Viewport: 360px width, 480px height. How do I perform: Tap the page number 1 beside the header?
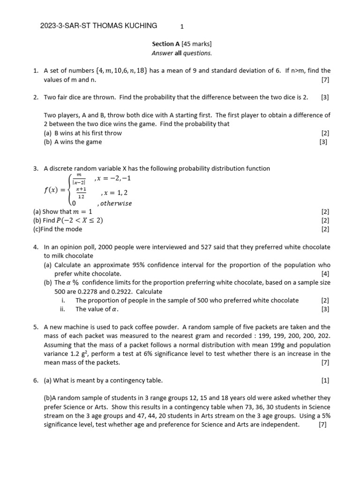pos(182,27)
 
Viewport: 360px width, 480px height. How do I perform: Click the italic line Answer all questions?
pos(181,53)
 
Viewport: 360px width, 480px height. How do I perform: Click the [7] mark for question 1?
pos(325,80)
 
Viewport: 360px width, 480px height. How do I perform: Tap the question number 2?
pos(36,97)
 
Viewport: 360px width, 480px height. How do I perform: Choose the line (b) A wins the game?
pos(73,142)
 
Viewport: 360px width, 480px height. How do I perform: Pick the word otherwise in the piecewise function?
pos(114,203)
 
